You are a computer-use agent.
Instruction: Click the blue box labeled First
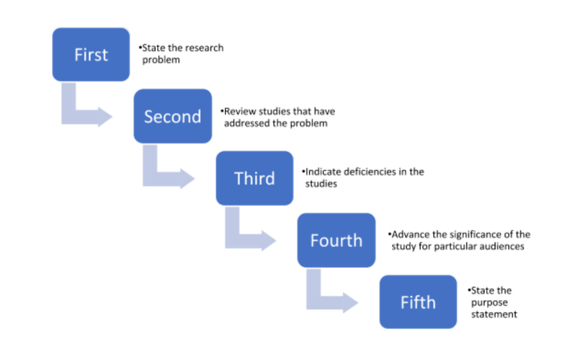[x=91, y=55]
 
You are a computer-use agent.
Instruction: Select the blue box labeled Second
[x=173, y=116]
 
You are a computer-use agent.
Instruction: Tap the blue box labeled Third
[x=254, y=178]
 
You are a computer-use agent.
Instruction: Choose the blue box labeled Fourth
[x=336, y=240]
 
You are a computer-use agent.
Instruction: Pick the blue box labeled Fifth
[x=418, y=302]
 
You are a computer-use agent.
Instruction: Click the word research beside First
[x=204, y=48]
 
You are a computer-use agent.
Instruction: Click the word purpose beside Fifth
[x=489, y=303]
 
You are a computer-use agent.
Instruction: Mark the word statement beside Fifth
[x=494, y=314]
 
